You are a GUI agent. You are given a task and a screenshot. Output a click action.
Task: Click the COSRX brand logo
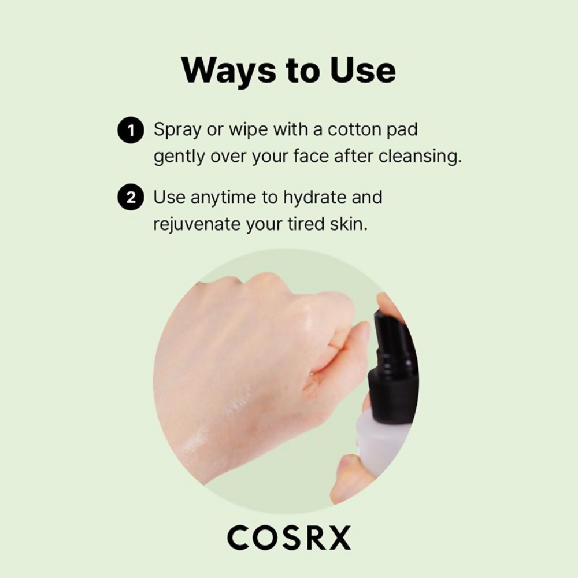point(289,538)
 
